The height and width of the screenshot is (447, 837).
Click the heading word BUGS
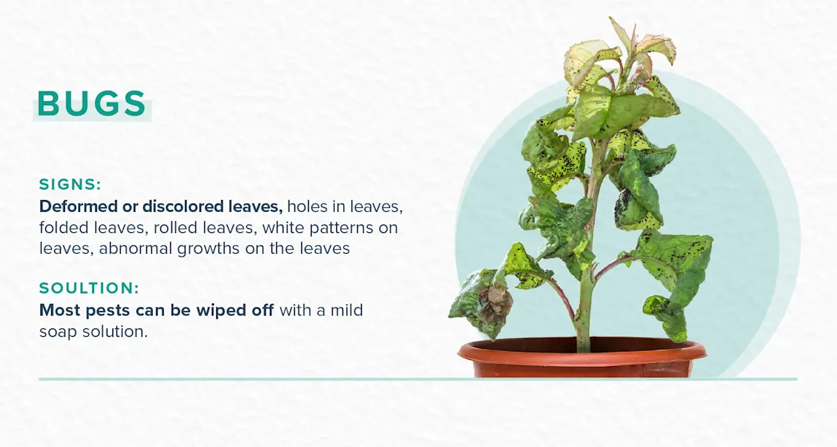(x=91, y=103)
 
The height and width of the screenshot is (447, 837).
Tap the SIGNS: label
(x=70, y=185)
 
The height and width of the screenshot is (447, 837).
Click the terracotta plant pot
(x=582, y=358)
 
